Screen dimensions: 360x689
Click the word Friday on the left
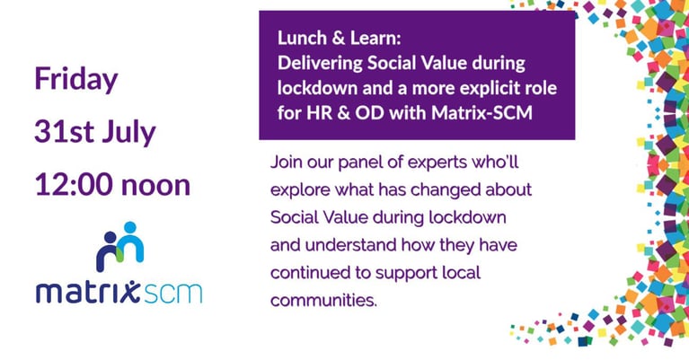pyautogui.click(x=76, y=79)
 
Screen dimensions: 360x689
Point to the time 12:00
pyautogui.click(x=73, y=185)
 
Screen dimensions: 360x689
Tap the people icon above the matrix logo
pyautogui.click(x=119, y=244)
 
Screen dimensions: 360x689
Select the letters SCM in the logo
pyautogui.click(x=172, y=291)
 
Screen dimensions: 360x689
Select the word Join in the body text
pyautogui.click(x=287, y=164)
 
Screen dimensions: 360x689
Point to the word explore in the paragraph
pyautogui.click(x=299, y=191)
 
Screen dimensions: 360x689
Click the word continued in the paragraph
pyautogui.click(x=307, y=271)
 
